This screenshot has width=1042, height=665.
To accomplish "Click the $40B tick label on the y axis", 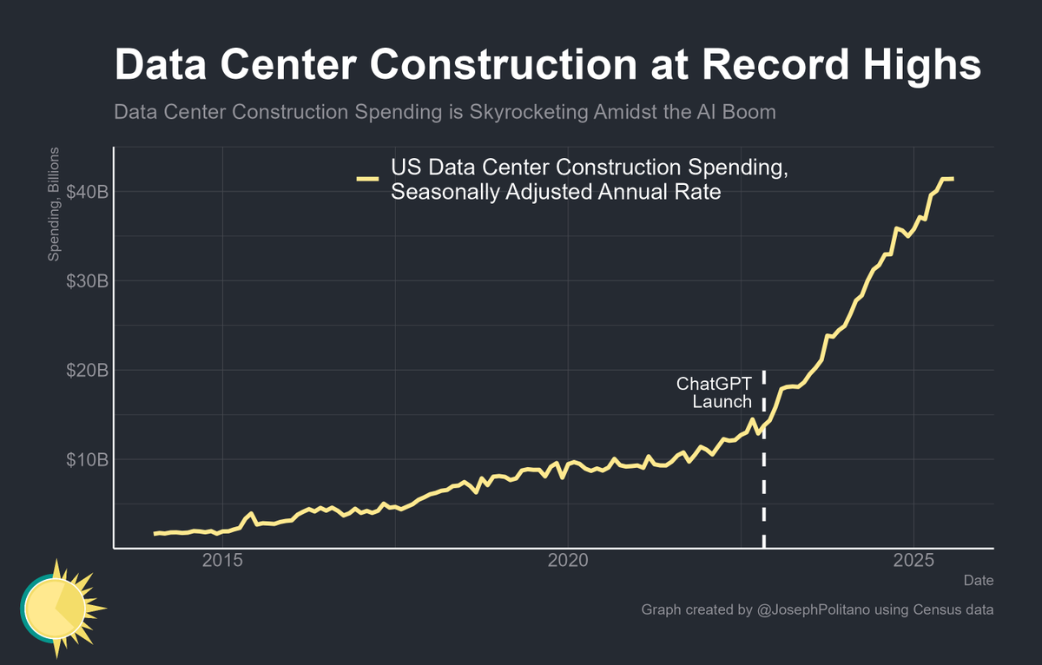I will [87, 191].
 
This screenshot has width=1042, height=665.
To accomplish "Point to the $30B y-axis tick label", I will [87, 280].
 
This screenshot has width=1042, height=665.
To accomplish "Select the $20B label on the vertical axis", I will [87, 370].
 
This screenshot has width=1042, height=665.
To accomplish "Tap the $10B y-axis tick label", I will [87, 459].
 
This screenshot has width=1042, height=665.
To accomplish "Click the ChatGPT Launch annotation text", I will [714, 392].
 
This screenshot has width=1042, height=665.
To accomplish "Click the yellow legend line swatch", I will [367, 180].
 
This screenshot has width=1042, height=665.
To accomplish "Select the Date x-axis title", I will [979, 580].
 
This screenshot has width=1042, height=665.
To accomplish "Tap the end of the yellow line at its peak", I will [953, 179].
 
